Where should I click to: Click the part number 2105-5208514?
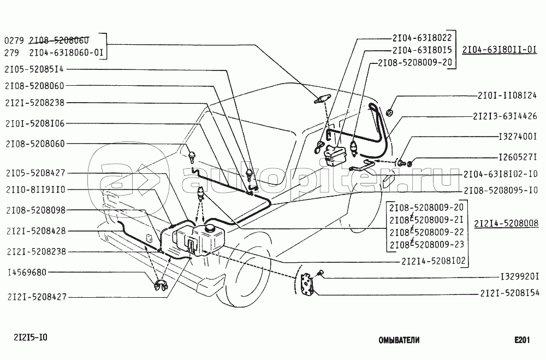click(x=34, y=69)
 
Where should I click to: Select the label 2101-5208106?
click(x=35, y=123)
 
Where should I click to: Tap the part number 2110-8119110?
click(x=35, y=190)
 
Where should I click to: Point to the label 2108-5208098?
click(x=36, y=210)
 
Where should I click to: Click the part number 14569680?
click(x=27, y=272)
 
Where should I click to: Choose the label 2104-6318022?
click(x=422, y=38)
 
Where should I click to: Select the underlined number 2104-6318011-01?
click(x=500, y=50)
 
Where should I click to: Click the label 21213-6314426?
click(x=505, y=116)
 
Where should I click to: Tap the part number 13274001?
click(x=518, y=136)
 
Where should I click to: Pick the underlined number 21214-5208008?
click(x=506, y=223)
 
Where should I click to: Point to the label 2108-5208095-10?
click(x=501, y=190)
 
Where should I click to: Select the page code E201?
click(x=523, y=340)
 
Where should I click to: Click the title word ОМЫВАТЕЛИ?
click(x=399, y=340)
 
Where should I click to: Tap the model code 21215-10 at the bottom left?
click(x=31, y=338)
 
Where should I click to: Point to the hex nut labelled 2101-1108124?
click(x=390, y=112)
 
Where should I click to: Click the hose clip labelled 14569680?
click(x=161, y=285)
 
